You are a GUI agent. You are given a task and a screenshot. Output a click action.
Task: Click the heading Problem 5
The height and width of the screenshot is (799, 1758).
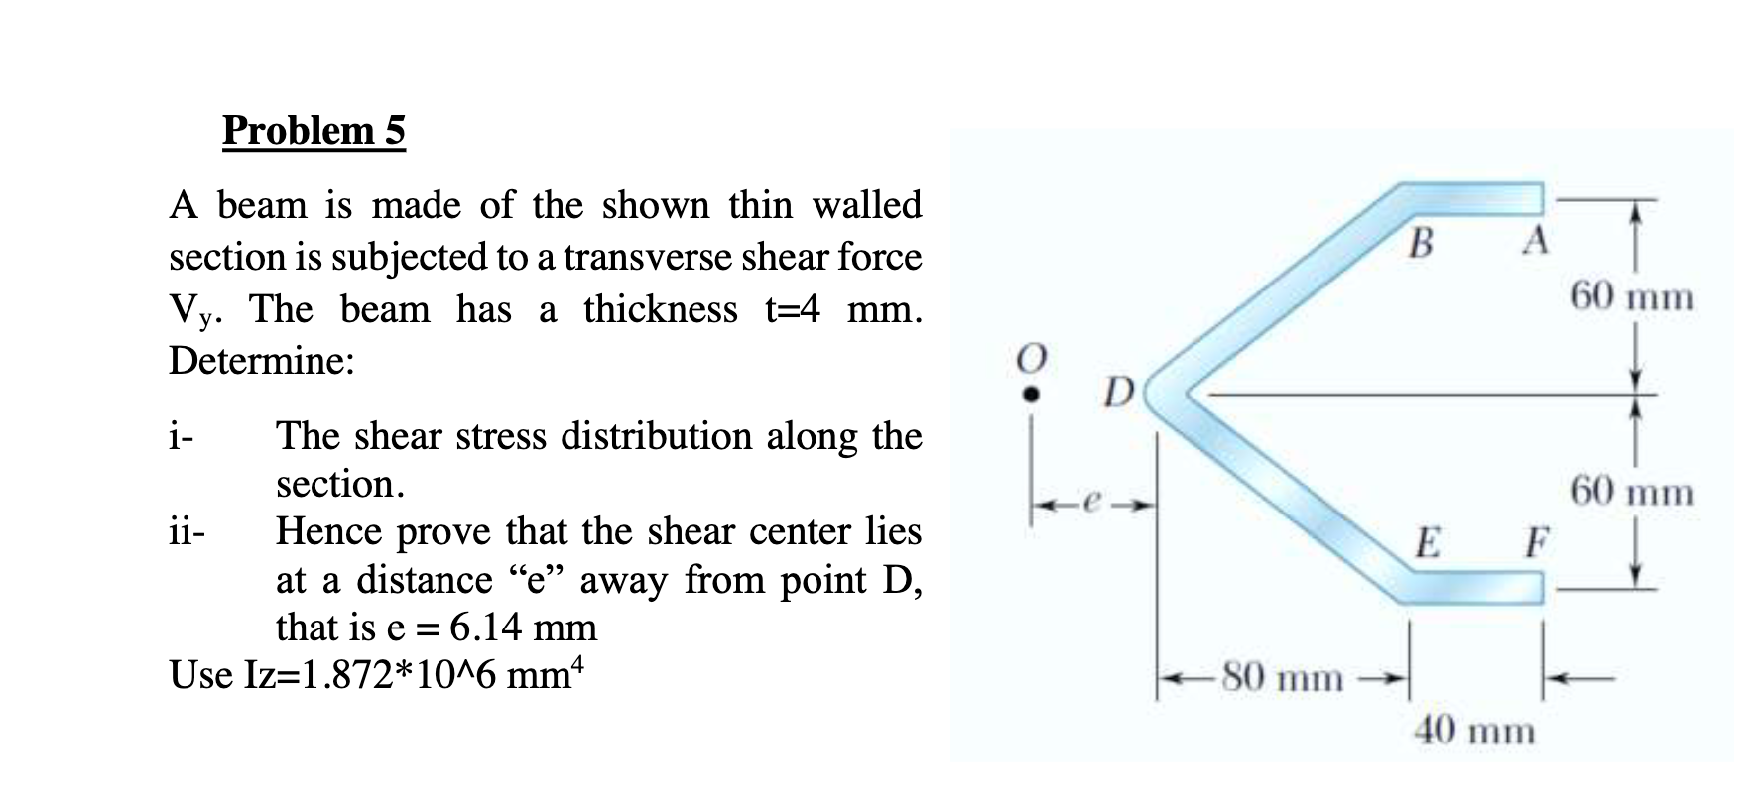pyautogui.click(x=314, y=130)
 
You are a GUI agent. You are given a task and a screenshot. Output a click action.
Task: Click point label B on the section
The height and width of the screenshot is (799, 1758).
pyautogui.click(x=1421, y=242)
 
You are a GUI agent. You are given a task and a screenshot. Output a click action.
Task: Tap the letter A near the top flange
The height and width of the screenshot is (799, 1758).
pyautogui.click(x=1534, y=240)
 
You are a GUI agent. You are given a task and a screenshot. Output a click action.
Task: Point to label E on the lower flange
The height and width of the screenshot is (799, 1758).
pyautogui.click(x=1427, y=543)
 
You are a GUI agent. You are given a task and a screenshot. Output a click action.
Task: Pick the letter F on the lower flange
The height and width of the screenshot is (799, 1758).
pyautogui.click(x=1536, y=542)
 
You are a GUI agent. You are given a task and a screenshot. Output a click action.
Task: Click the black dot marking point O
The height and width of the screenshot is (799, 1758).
pyautogui.click(x=1032, y=394)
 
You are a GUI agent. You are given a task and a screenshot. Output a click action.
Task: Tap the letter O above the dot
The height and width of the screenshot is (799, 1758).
pyautogui.click(x=1032, y=358)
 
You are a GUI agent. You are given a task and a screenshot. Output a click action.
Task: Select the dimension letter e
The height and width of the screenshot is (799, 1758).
pyautogui.click(x=1087, y=505)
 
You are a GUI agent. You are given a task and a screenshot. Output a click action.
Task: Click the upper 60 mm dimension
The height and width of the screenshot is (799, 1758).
pyautogui.click(x=1631, y=296)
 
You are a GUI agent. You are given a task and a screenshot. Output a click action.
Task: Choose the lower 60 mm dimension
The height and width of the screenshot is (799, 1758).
pyautogui.click(x=1631, y=491)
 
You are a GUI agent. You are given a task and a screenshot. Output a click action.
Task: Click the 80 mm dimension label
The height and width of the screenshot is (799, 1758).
pyautogui.click(x=1282, y=678)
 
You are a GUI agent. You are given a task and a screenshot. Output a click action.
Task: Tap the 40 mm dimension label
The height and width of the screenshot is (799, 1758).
pyautogui.click(x=1473, y=732)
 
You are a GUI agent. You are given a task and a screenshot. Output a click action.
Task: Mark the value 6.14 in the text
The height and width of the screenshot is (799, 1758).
pyautogui.click(x=486, y=628)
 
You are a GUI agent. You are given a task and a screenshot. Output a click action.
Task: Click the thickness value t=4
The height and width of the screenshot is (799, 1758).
pyautogui.click(x=792, y=309)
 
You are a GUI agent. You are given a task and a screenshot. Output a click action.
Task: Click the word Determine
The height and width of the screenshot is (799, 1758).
pyautogui.click(x=261, y=360)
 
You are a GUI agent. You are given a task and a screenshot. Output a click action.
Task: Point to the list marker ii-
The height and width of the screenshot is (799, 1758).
pyautogui.click(x=187, y=532)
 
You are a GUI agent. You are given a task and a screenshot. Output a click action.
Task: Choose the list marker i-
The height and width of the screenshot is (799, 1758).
pyautogui.click(x=181, y=436)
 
